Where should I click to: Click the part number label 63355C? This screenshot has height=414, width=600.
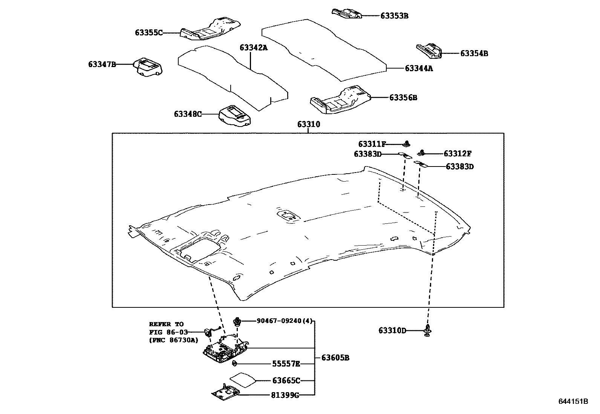[x=148, y=33]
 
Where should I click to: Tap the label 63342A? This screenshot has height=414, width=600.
[x=253, y=47]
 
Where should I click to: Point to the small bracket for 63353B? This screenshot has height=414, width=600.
[x=346, y=13]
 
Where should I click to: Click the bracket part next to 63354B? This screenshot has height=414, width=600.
[x=429, y=50]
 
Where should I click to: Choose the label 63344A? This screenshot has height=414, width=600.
[x=419, y=69]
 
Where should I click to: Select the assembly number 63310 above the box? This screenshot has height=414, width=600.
[x=308, y=124]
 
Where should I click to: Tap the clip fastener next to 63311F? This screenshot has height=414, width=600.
[x=407, y=144]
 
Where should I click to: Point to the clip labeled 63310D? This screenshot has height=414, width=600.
[x=427, y=330]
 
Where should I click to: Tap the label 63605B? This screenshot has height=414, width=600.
[x=335, y=358]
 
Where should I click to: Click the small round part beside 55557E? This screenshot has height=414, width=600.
[x=234, y=364]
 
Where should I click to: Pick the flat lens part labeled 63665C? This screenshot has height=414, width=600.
[x=241, y=380]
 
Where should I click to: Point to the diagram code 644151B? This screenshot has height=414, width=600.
[x=573, y=402]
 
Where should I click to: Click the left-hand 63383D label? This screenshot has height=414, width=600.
[x=367, y=154]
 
